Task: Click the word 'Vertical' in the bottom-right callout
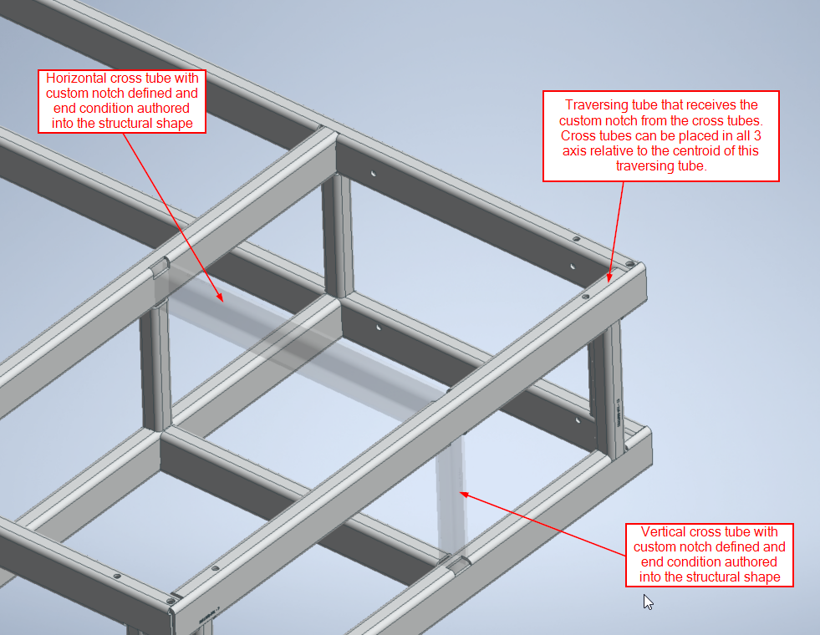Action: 664,532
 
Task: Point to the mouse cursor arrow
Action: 647,600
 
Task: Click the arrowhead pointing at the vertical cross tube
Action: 465,495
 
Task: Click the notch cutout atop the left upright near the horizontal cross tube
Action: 160,267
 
